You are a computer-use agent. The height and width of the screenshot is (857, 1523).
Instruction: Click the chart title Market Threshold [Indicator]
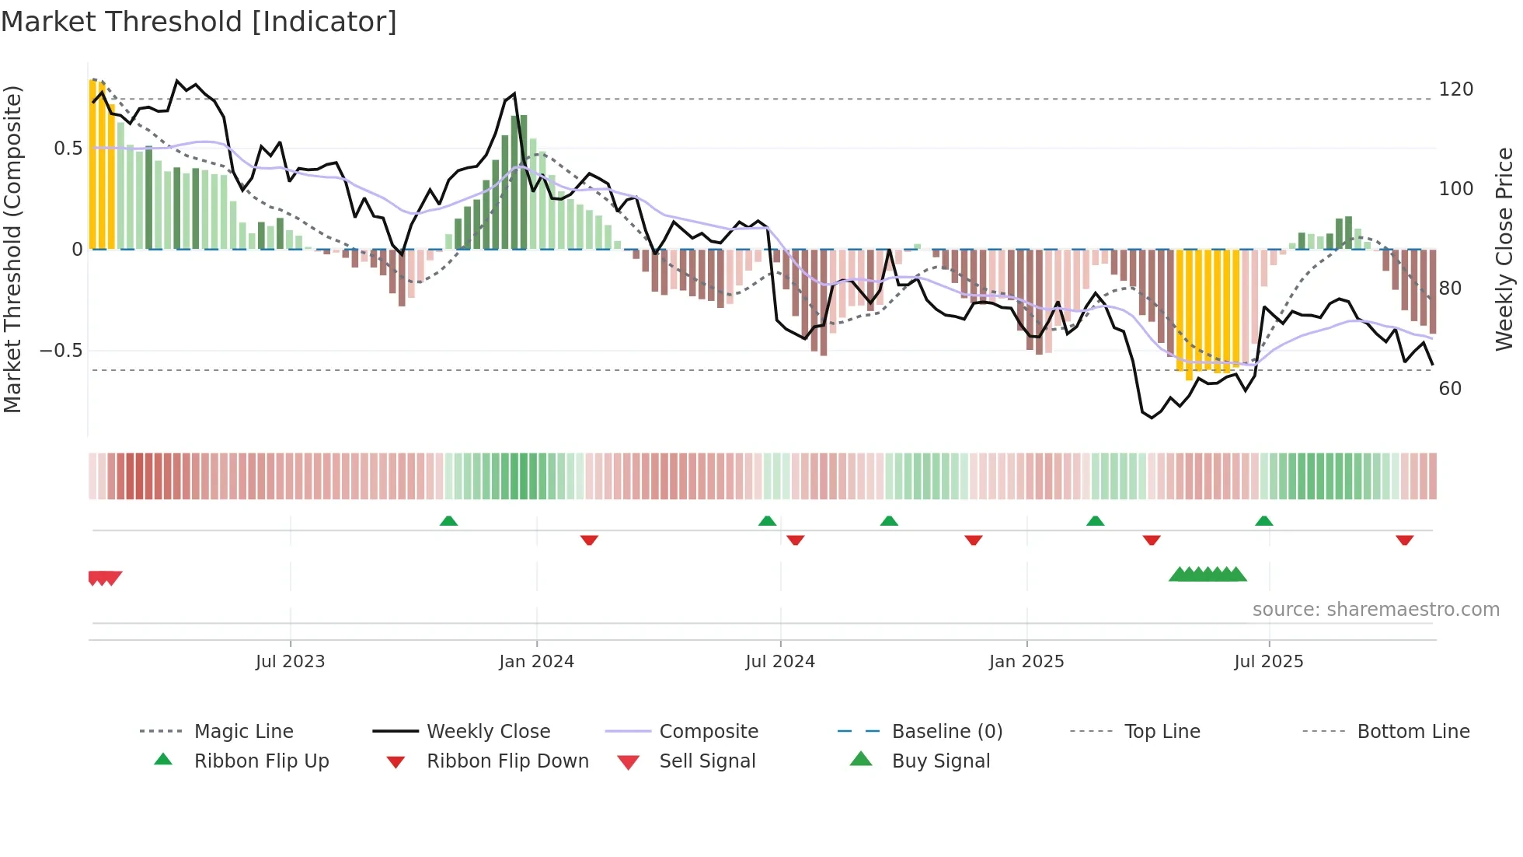(x=199, y=22)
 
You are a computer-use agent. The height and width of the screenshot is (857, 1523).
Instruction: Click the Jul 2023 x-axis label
(x=290, y=662)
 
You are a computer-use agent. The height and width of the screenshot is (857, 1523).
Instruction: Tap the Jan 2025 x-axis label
(x=1026, y=662)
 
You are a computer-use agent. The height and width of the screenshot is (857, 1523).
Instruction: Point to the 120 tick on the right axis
(x=1455, y=89)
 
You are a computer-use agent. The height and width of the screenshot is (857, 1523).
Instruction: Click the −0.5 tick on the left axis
(x=61, y=351)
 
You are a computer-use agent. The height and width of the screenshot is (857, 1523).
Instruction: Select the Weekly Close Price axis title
(x=1504, y=249)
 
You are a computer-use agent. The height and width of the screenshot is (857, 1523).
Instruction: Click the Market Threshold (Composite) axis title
(x=12, y=249)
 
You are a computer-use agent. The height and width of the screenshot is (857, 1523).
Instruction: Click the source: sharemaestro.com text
(x=1375, y=610)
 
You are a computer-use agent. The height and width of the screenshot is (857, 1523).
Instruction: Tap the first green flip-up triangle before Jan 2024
(x=448, y=521)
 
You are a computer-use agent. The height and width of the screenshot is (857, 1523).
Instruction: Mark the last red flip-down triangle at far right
(x=1404, y=540)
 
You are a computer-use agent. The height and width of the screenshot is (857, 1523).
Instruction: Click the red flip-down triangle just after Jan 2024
(x=589, y=540)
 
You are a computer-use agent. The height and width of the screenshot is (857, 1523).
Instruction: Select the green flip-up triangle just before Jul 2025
(x=1263, y=521)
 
